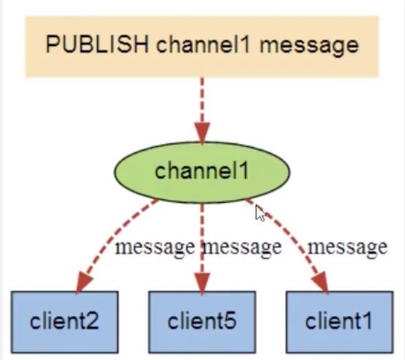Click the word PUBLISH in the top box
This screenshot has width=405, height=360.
click(x=97, y=44)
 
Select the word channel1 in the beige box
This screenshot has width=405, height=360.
click(x=203, y=44)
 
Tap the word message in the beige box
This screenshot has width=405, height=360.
click(x=309, y=47)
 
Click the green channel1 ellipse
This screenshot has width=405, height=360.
click(x=202, y=172)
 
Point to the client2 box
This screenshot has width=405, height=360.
click(x=65, y=322)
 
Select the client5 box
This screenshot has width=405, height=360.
click(x=202, y=322)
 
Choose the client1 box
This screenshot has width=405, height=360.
click(x=340, y=322)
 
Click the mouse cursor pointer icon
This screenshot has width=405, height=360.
click(x=260, y=214)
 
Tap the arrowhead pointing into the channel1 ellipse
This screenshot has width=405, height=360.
click(x=202, y=133)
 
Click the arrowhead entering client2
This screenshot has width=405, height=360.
click(x=83, y=283)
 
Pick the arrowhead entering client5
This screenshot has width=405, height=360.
click(x=202, y=284)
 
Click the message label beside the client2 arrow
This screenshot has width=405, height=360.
click(x=154, y=247)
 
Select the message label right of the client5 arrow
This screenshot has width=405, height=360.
click(x=242, y=247)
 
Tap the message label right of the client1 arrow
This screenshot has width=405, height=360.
click(x=347, y=247)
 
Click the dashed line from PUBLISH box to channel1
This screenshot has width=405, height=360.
click(x=202, y=101)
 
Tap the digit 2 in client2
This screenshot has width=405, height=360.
click(x=93, y=320)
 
